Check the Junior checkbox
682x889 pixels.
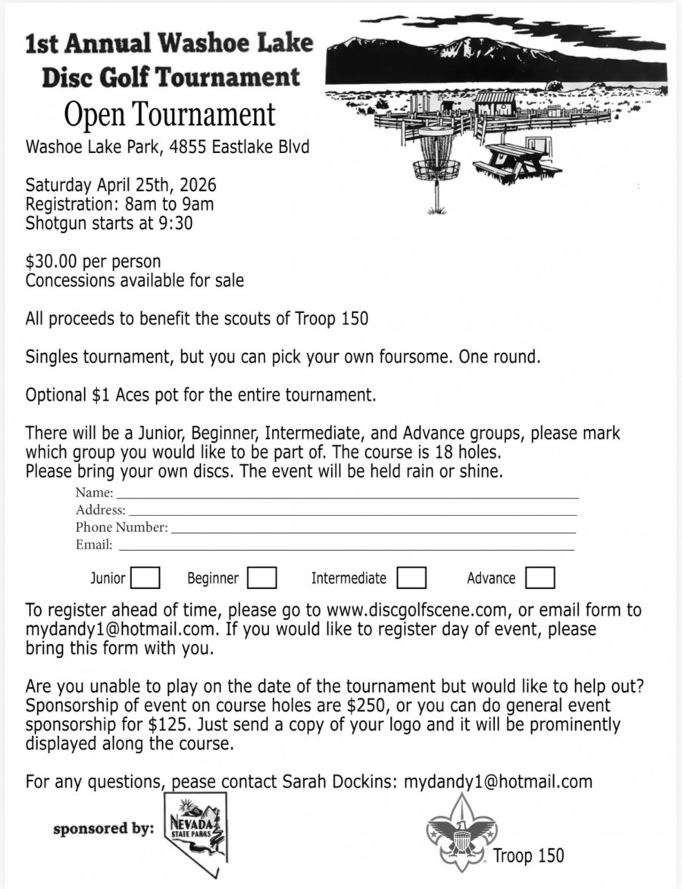(x=145, y=578)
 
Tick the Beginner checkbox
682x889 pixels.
(x=261, y=578)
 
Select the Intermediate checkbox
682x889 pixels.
(x=411, y=578)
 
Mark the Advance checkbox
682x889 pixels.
(x=540, y=578)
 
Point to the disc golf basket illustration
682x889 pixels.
(x=435, y=159)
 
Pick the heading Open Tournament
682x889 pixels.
(x=169, y=115)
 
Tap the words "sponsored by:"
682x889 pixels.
(x=102, y=828)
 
